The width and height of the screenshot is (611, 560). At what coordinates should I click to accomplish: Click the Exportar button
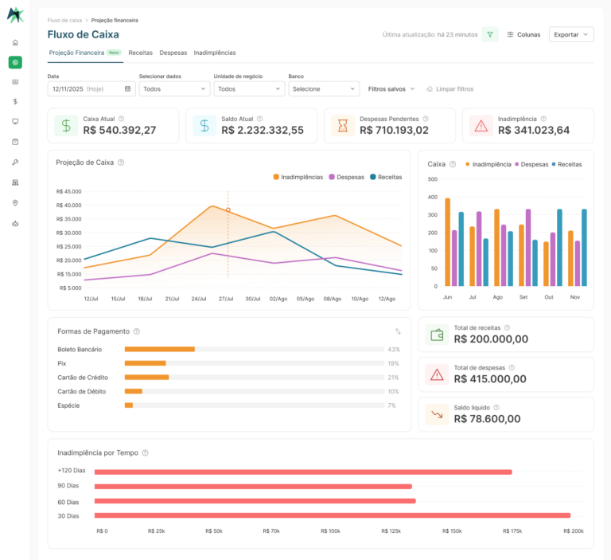571,34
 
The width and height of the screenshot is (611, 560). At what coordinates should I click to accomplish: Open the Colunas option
523,34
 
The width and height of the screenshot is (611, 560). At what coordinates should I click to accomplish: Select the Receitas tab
140,53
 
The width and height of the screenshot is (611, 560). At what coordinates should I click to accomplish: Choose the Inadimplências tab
215,53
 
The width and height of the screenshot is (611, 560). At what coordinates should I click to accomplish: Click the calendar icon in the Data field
127,88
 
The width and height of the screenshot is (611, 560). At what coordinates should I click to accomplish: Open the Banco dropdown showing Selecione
324,89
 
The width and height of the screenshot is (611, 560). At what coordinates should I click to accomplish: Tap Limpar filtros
450,89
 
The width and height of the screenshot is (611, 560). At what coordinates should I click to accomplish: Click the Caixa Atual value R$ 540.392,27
119,130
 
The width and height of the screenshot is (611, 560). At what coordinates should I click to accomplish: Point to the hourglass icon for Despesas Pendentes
343,126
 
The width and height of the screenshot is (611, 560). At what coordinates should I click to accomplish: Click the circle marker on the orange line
228,210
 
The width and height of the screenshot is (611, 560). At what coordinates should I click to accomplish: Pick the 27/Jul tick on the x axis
226,299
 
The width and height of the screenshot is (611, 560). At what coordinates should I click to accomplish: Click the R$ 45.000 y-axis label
68,192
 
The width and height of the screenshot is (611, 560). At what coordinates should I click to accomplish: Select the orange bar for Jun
448,242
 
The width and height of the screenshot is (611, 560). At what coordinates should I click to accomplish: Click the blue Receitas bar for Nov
584,248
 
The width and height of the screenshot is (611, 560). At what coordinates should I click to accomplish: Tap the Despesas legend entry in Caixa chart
531,164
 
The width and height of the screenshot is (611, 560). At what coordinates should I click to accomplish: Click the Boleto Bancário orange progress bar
160,349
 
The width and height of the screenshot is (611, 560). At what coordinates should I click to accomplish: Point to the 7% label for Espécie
391,405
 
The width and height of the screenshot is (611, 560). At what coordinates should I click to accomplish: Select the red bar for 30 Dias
333,515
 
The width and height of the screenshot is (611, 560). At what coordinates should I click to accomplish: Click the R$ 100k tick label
330,531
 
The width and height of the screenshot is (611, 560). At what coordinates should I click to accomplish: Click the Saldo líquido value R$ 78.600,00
487,419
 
